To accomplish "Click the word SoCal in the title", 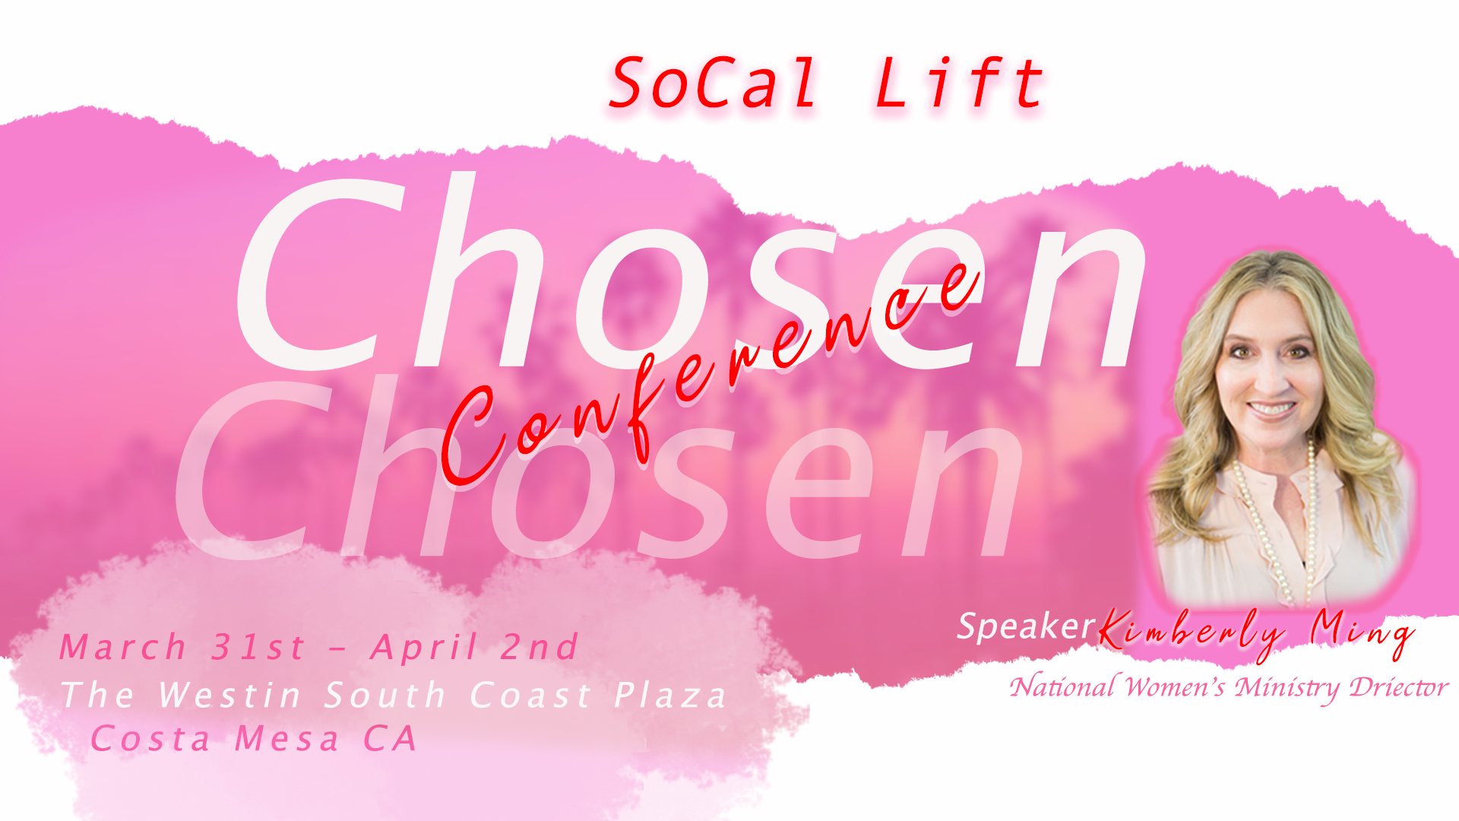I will [x=713, y=84].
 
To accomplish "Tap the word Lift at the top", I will [x=959, y=84].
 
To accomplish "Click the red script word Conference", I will [x=707, y=372].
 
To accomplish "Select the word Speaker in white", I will [x=1024, y=627].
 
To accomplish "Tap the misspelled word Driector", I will [x=1398, y=687].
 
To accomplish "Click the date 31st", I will [x=258, y=648].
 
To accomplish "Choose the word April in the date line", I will [x=425, y=648].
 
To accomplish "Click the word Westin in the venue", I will [x=229, y=695].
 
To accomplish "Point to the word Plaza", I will [x=670, y=696].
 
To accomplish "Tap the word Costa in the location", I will [x=150, y=739].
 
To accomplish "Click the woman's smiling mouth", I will [x=1271, y=410].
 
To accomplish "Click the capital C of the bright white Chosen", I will [x=319, y=274].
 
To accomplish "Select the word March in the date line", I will [x=123, y=648].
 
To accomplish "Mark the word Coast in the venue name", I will [x=530, y=695].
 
